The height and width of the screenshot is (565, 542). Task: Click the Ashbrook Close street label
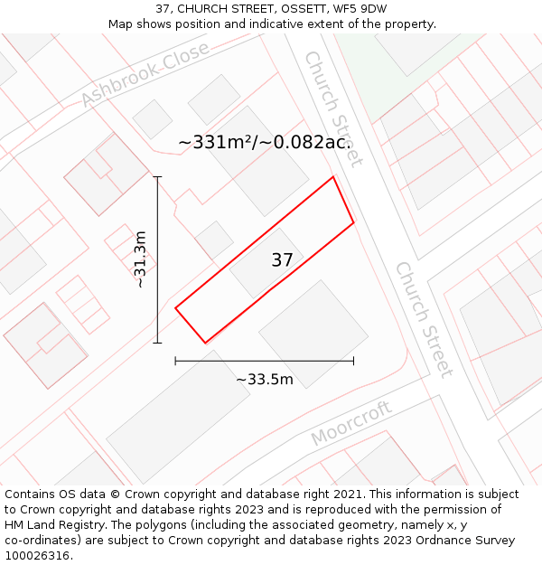pyautogui.click(x=145, y=74)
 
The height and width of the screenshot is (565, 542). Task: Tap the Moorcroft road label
pyautogui.click(x=351, y=423)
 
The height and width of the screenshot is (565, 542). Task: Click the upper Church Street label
pyautogui.click(x=332, y=108)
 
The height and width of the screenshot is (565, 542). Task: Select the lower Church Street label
pyautogui.click(x=424, y=319)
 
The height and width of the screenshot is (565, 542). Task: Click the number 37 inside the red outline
pyautogui.click(x=282, y=260)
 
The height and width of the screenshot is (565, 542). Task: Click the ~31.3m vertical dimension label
pyautogui.click(x=140, y=259)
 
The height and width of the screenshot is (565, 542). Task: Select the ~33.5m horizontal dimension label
pyautogui.click(x=265, y=380)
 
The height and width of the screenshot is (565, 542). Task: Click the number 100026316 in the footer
pyautogui.click(x=38, y=556)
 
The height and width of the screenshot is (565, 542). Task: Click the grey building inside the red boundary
pyautogui.click(x=263, y=265)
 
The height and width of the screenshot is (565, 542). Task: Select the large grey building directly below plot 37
pyautogui.click(x=313, y=334)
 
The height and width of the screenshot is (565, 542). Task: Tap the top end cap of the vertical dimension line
pyautogui.click(x=157, y=177)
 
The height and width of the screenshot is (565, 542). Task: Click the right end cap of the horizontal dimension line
pyautogui.click(x=353, y=361)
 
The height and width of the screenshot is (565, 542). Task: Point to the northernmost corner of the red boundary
pyautogui.click(x=333, y=176)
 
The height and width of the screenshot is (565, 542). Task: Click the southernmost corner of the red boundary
pyautogui.click(x=205, y=343)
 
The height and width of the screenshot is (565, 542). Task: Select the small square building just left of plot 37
pyautogui.click(x=214, y=240)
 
